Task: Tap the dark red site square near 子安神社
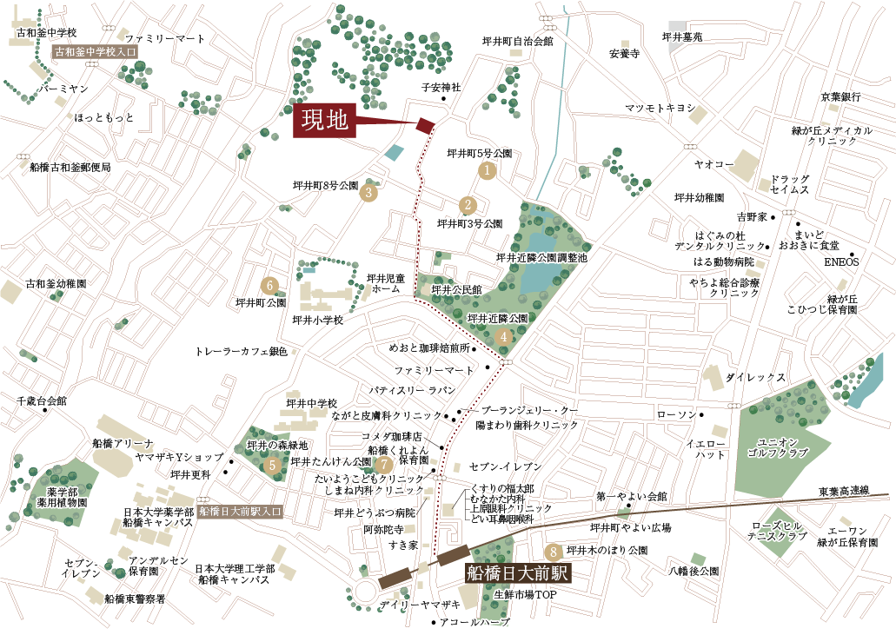click(x=425, y=125)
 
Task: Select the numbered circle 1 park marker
click(x=488, y=171)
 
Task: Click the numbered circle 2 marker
click(x=468, y=206)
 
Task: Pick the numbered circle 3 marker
click(x=369, y=193)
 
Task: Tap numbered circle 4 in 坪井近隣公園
click(x=503, y=337)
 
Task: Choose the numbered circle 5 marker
click(x=274, y=465)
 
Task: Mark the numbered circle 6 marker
click(x=269, y=285)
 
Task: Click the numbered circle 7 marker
click(x=377, y=464)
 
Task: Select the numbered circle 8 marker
click(x=552, y=551)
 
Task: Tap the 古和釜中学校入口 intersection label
click(x=95, y=52)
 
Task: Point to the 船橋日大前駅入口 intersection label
click(x=240, y=512)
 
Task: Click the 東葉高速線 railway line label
click(x=844, y=491)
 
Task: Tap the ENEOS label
click(x=840, y=261)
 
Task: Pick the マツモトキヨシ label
click(x=660, y=108)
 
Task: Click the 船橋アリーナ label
click(x=123, y=443)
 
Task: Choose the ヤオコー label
click(x=713, y=164)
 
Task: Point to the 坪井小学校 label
click(x=318, y=320)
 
